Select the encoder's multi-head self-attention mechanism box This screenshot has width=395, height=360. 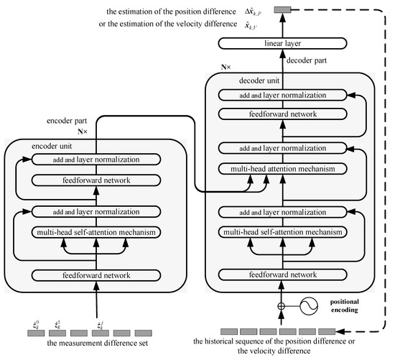coord(96,232)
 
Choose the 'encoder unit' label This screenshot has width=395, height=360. coord(50,144)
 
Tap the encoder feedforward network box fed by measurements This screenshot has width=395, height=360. coord(96,274)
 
